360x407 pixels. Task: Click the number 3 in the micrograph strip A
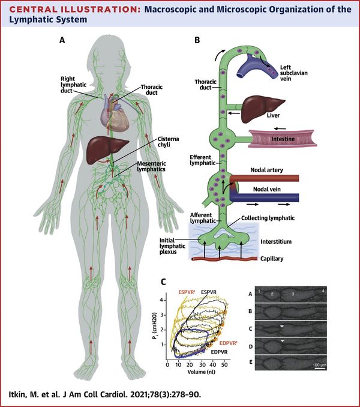point(292,294)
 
